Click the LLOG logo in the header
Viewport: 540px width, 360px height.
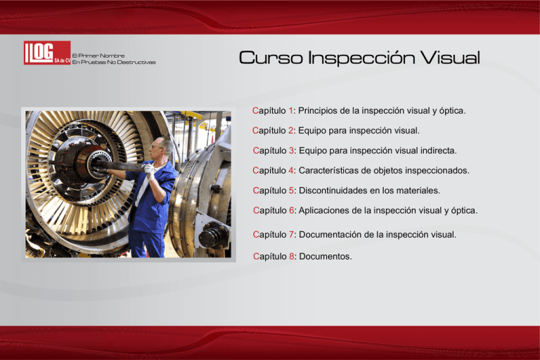46,53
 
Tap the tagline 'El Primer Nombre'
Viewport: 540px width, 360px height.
98,55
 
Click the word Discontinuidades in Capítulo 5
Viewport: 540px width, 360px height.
337,191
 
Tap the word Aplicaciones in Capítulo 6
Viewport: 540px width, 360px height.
326,210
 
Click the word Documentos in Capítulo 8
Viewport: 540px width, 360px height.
325,257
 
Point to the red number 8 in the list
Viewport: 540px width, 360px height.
291,257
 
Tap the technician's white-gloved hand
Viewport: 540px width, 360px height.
149,169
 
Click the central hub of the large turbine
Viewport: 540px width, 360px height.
88,163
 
